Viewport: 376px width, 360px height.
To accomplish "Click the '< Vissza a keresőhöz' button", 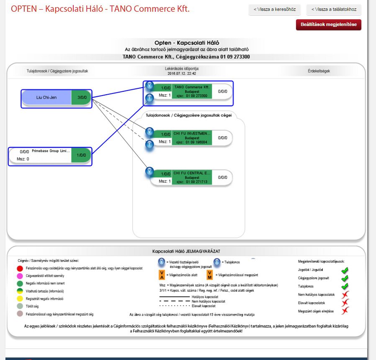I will coord(275,10).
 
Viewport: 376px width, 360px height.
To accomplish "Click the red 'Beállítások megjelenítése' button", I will coord(328,25).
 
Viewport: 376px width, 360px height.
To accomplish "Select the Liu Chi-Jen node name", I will coord(46,97).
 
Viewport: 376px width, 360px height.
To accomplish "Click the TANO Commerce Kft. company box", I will coord(191,91).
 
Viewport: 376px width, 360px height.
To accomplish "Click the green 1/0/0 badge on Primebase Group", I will coord(81,155).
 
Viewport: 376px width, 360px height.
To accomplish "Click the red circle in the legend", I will coord(20,268).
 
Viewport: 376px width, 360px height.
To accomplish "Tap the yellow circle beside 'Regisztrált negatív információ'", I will coord(20,299).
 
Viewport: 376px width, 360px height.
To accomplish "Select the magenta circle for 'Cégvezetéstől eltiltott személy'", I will coord(20,276).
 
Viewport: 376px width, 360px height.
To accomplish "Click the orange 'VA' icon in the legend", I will coord(162,275).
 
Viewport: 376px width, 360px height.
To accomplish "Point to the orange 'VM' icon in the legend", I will coord(210,275).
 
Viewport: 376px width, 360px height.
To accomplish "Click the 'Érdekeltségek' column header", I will coord(319,71).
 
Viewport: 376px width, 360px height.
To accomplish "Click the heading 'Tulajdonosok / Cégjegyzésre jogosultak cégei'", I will coord(188,115).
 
